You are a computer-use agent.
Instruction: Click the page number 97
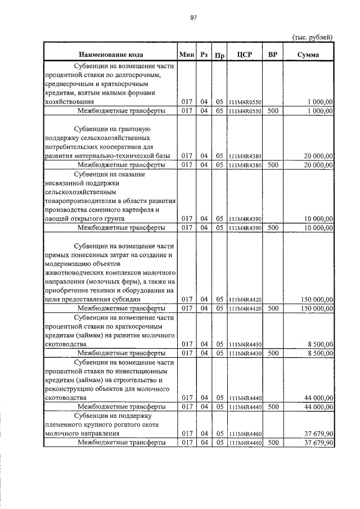193,18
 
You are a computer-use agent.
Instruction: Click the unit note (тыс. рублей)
313,37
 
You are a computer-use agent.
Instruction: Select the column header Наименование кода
111,55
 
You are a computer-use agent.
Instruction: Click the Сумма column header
309,55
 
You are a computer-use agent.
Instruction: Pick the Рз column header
204,55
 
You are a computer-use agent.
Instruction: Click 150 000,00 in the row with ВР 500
315,308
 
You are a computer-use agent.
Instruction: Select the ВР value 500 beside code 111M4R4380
273,165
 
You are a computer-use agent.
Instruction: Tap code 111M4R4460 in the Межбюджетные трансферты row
245,443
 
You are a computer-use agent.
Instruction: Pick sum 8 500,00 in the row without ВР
319,344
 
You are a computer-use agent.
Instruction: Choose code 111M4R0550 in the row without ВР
245,102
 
